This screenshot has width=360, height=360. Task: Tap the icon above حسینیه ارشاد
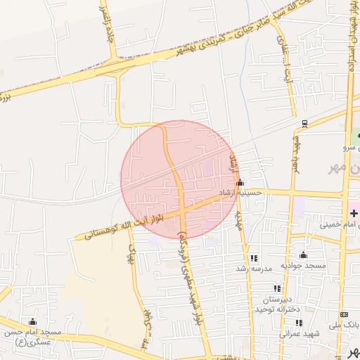coord(240,183)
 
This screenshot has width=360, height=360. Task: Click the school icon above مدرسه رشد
coord(253,259)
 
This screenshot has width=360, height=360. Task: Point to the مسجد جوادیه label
coord(304,265)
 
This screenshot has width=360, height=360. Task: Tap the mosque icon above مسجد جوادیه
coord(304,255)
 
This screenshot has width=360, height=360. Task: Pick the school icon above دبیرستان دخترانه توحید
coord(278,288)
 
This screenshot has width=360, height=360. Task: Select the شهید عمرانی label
coord(300,333)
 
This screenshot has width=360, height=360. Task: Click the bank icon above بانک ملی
coord(344,314)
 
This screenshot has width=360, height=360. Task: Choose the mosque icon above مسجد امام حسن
coord(32,322)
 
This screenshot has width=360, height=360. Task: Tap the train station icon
coord(304,124)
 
